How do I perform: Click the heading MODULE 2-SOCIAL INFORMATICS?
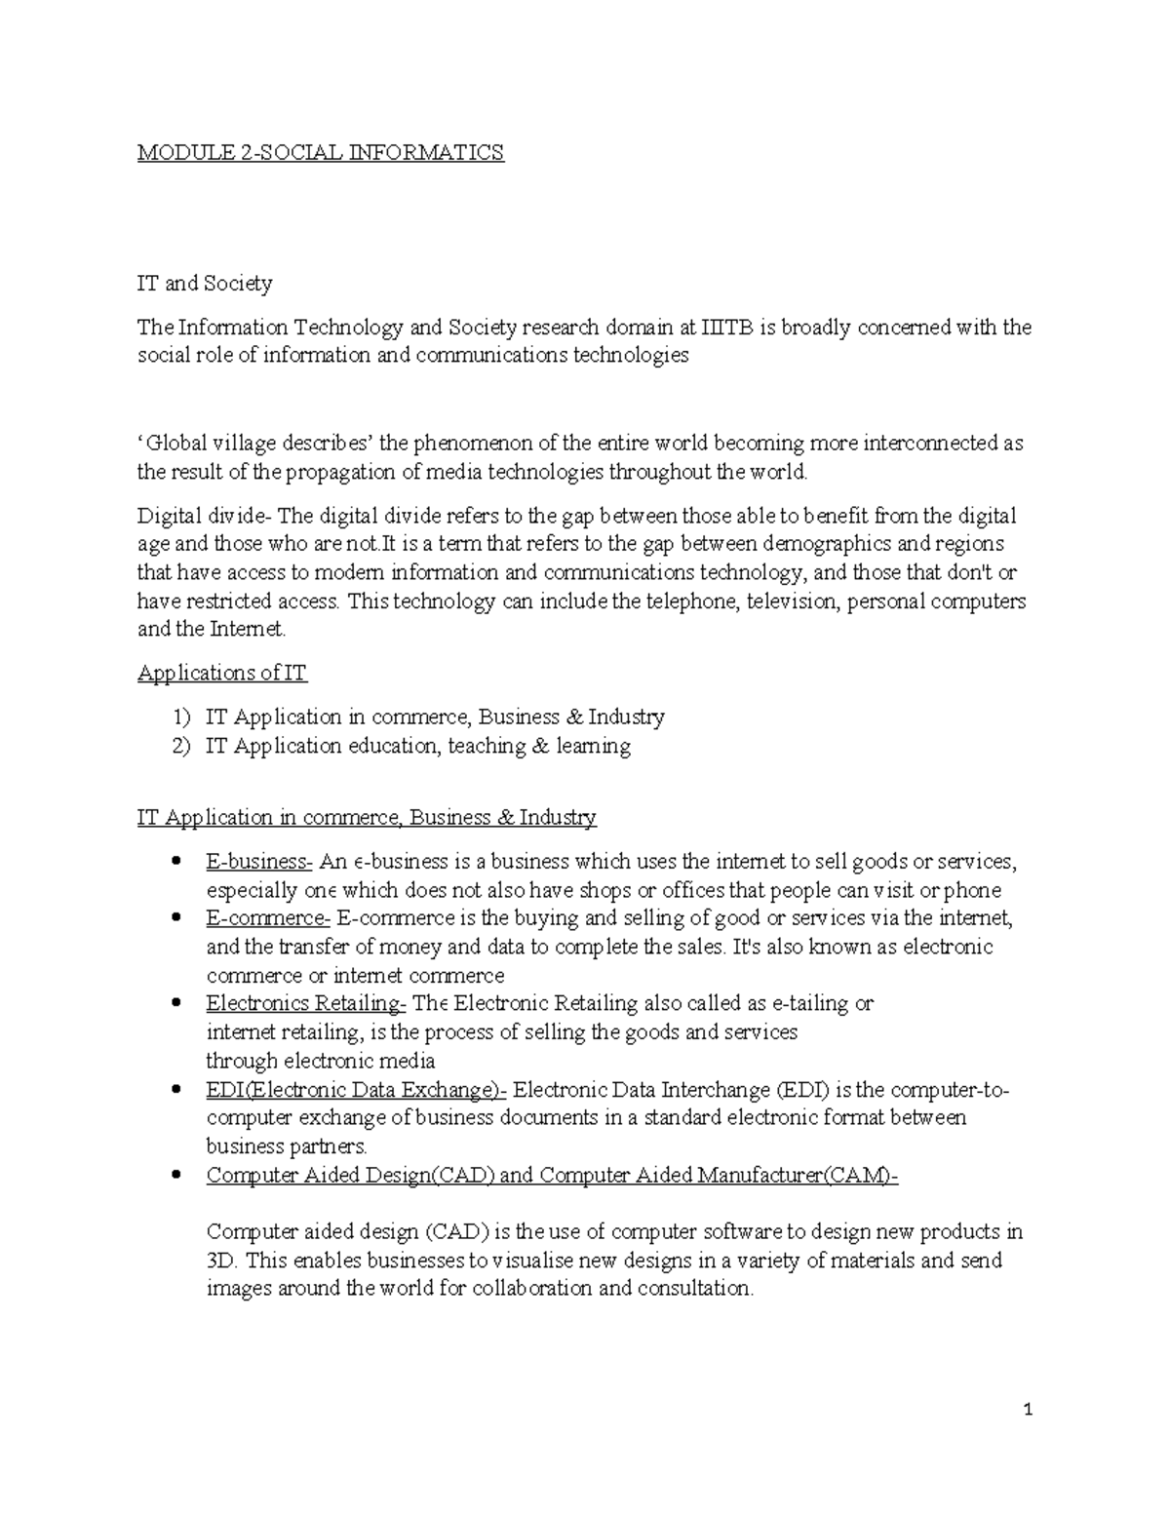coord(321,152)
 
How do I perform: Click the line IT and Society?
coord(205,284)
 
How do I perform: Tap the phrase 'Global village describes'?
coord(256,444)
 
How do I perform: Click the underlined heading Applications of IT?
coord(222,673)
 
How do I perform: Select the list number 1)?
coord(182,718)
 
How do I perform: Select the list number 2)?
coord(182,747)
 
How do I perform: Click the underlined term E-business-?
coord(258,862)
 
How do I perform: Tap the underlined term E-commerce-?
coord(268,918)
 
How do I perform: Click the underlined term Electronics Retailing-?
coord(306,1003)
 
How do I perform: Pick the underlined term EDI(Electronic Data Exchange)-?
coord(356,1089)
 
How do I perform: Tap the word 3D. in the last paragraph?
coord(222,1261)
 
